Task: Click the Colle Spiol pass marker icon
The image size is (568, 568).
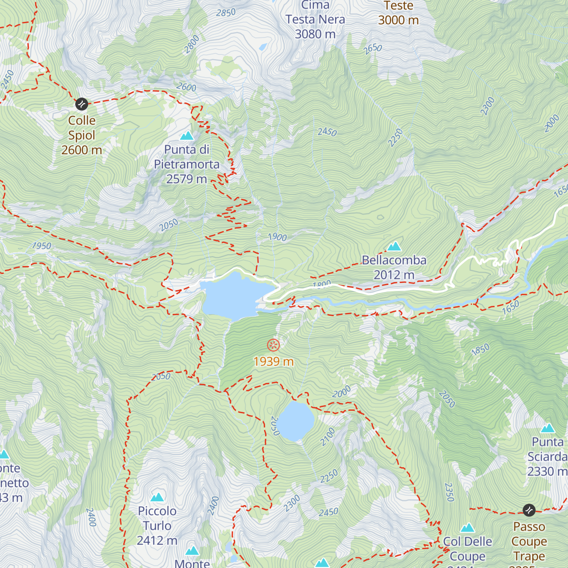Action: tap(81, 104)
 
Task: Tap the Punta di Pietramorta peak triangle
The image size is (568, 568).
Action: tap(187, 136)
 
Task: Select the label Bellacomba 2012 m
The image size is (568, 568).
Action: tap(394, 267)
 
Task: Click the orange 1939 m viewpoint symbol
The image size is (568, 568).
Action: tap(274, 345)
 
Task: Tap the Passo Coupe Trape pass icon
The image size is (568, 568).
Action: tap(529, 510)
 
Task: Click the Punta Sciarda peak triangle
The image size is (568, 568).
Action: tap(548, 428)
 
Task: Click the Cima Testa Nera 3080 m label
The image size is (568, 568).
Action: tap(315, 20)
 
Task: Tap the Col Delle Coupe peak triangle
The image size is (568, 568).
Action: tap(468, 528)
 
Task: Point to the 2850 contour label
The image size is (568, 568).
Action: tap(226, 13)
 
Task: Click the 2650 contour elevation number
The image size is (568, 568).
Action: tap(373, 48)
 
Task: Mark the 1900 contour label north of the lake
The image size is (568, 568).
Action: tap(277, 237)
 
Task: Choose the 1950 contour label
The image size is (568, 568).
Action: tap(42, 246)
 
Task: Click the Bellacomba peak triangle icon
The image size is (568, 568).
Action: tap(394, 247)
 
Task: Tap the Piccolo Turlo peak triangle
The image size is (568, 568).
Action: tap(157, 497)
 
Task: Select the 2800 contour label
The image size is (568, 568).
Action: tap(192, 44)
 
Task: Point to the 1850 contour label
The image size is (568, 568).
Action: tap(480, 350)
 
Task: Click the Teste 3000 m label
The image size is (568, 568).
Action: tap(399, 13)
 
